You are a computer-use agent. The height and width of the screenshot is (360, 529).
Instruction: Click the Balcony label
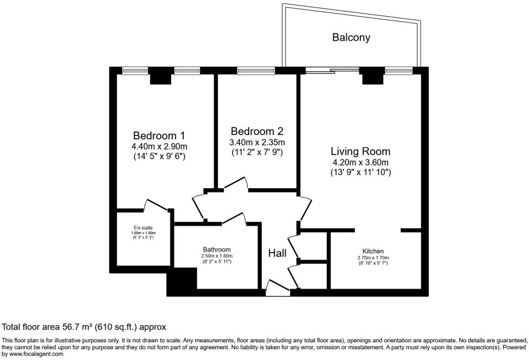[351, 37]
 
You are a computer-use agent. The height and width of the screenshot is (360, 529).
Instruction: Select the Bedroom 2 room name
[257, 131]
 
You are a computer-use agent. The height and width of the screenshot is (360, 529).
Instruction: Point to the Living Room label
[361, 151]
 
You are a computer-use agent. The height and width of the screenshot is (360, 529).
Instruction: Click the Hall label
[277, 253]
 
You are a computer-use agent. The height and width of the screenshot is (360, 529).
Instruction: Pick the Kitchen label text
[374, 251]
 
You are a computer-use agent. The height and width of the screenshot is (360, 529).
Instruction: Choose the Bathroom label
[217, 249]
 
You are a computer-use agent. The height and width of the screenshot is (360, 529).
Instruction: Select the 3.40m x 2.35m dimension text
[257, 142]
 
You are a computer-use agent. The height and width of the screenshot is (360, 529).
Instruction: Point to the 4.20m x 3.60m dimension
[361, 162]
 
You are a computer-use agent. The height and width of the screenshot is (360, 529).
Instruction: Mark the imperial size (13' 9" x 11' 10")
[361, 172]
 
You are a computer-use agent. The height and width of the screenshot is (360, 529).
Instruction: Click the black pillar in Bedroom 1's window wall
[160, 78]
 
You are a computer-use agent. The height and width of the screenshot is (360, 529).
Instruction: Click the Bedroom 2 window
[255, 70]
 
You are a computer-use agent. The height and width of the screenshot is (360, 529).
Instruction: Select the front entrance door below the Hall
[279, 288]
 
